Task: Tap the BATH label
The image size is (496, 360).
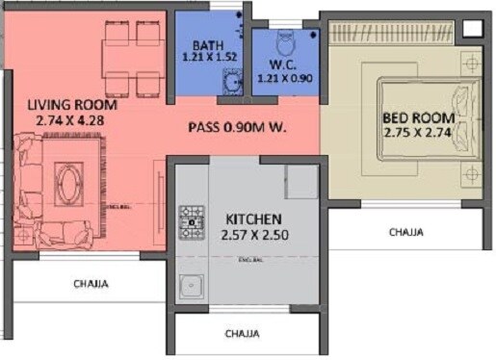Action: [x=208, y=45]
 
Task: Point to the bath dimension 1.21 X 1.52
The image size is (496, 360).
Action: [x=208, y=57]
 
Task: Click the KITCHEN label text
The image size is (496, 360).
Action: [x=247, y=219]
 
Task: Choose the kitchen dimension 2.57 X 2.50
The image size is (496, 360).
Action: [x=247, y=233]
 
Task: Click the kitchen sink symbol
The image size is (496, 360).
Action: [x=192, y=287]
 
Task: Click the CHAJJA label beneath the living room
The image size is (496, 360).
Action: [x=91, y=284]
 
